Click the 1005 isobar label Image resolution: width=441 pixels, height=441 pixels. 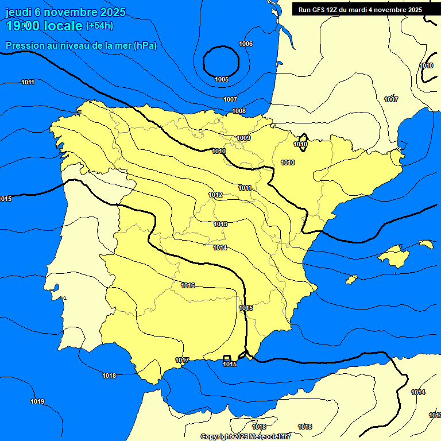[222, 79]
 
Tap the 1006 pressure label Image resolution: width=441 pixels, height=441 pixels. [246, 44]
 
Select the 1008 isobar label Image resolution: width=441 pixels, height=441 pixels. [239, 111]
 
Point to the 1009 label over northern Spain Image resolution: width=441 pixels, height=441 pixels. [243, 138]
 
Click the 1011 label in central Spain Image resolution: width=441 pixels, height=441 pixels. [245, 188]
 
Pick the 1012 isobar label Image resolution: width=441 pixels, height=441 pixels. [215, 195]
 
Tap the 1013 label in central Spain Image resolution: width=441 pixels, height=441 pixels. [220, 224]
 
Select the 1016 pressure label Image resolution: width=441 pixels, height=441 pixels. [188, 285]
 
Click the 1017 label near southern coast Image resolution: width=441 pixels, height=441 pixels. [182, 360]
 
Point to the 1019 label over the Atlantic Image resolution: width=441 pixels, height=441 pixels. [37, 401]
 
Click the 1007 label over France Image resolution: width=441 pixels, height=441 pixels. [391, 100]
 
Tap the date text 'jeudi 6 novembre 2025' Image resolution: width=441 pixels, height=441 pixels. [66, 12]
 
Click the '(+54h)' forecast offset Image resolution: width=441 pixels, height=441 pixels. [99, 26]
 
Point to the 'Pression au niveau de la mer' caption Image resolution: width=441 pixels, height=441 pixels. [81, 46]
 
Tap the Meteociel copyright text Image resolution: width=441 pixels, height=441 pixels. [246, 437]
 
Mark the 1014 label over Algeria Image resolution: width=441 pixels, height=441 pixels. [418, 392]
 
